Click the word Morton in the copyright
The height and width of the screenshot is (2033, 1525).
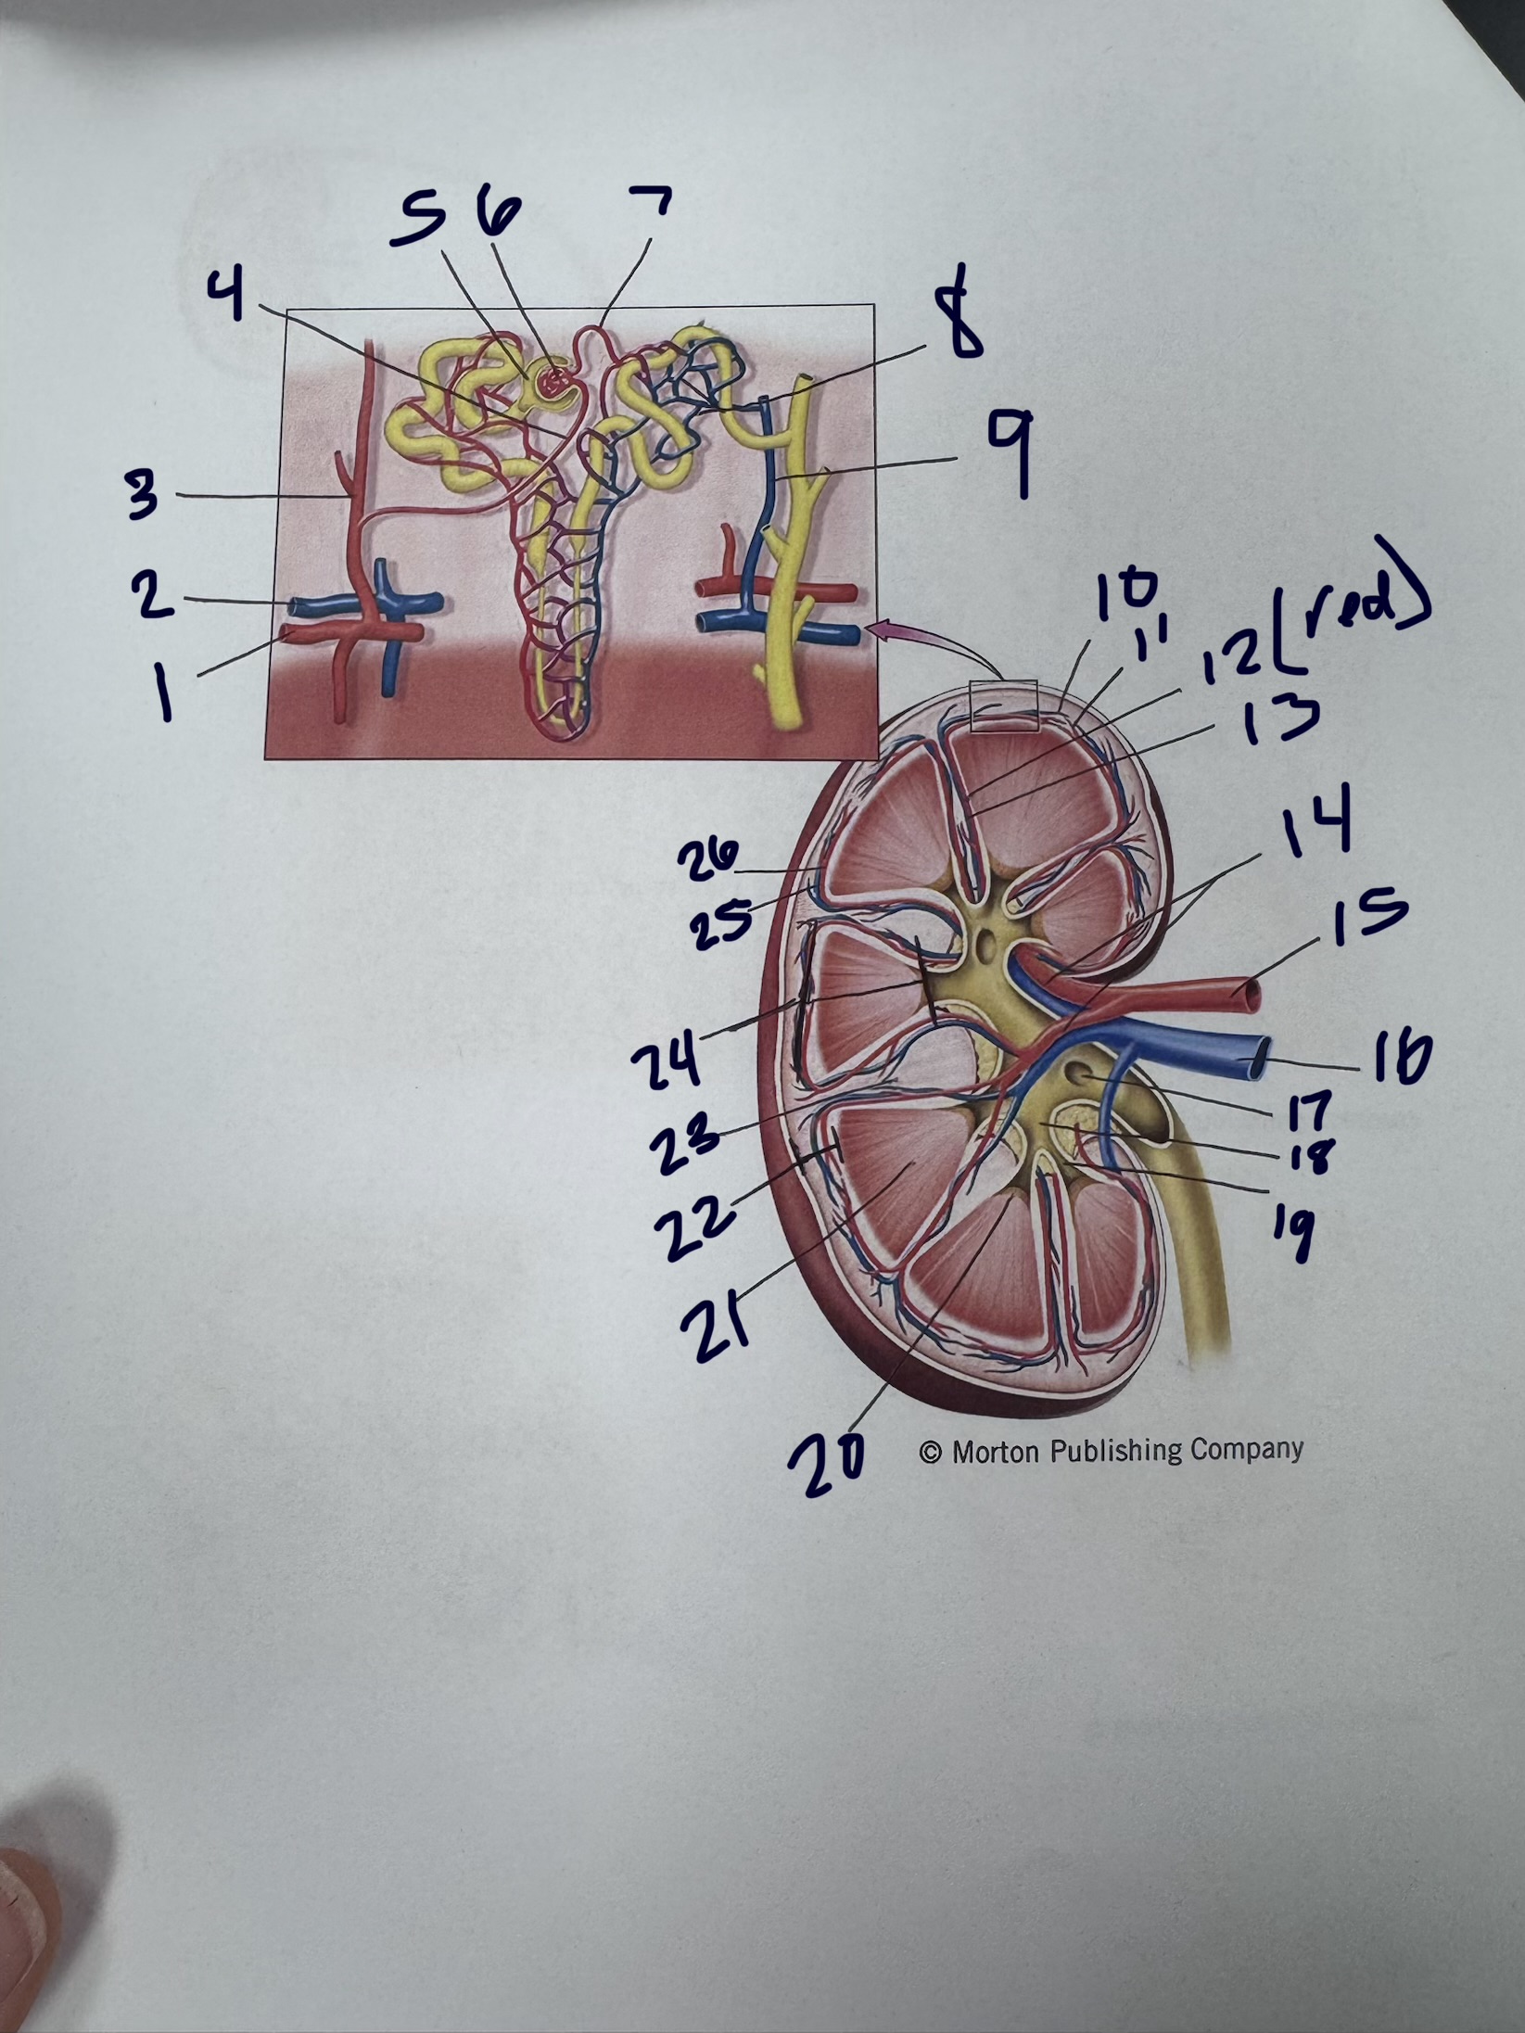pos(994,1452)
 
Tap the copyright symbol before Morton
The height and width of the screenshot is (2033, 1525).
pos(930,1453)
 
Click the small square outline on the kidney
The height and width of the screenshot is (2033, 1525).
pos(1002,706)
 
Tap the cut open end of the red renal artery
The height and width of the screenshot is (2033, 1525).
pos(1251,994)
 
